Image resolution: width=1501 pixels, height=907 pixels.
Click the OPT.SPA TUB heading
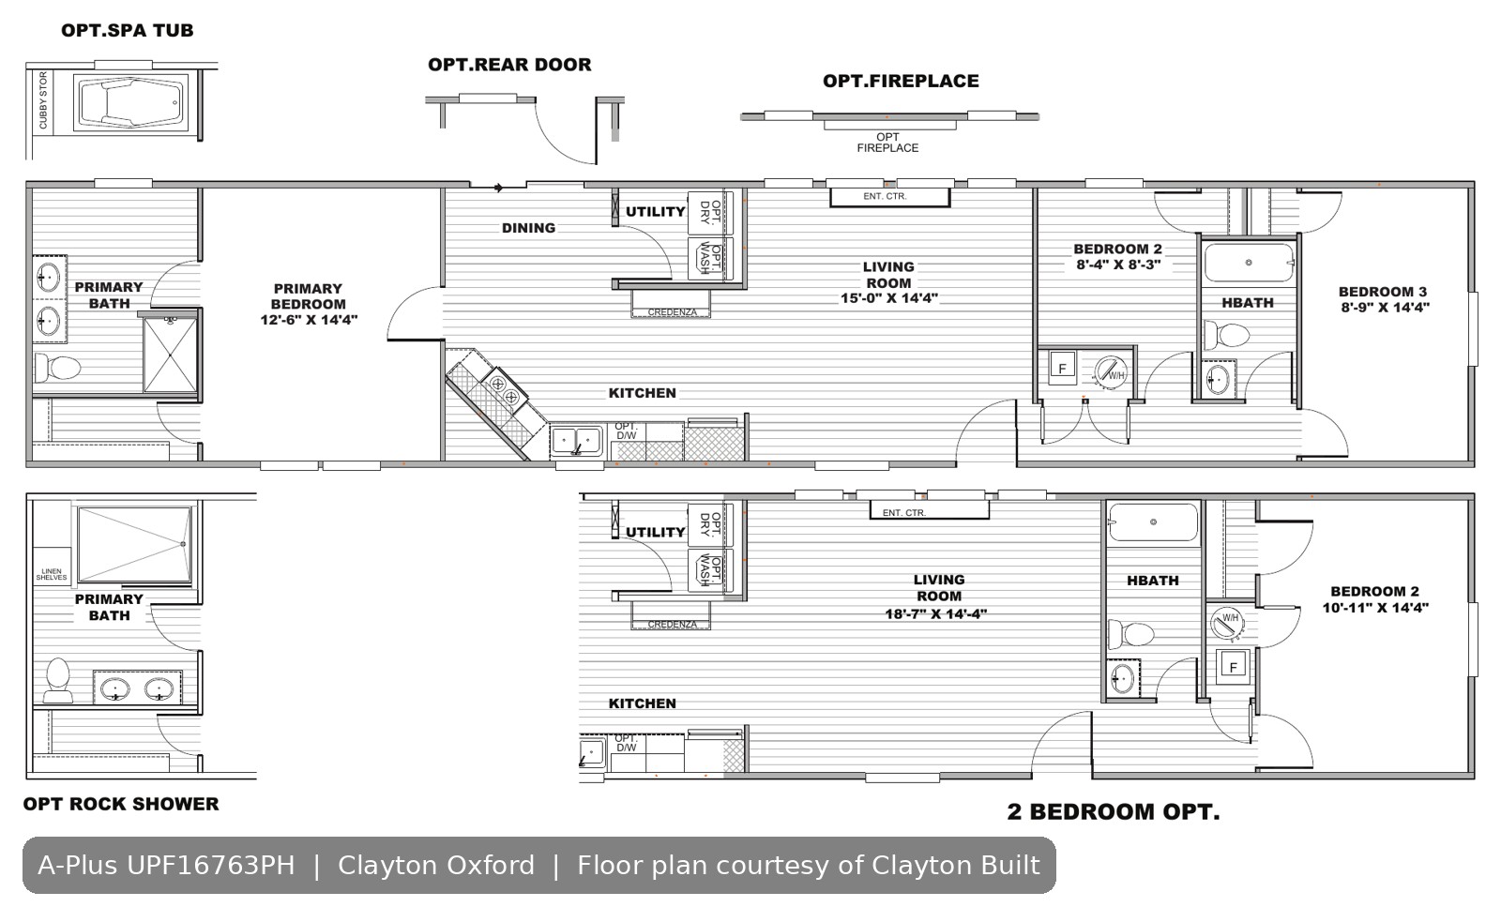pyautogui.click(x=128, y=31)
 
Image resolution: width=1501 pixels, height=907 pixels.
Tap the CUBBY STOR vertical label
pyautogui.click(x=43, y=100)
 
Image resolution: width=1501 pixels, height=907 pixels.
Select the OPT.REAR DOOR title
pyautogui.click(x=510, y=65)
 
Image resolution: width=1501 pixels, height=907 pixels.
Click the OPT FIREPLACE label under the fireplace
pyautogui.click(x=887, y=143)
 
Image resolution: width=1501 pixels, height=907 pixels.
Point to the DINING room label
pyautogui.click(x=529, y=229)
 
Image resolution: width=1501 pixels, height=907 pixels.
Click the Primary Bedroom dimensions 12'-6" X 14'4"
pyautogui.click(x=309, y=320)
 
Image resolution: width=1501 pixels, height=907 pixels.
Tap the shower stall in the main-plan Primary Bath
pyautogui.click(x=170, y=355)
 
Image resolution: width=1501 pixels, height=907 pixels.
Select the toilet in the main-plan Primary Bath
pyautogui.click(x=57, y=368)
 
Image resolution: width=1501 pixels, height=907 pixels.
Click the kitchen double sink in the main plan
pyautogui.click(x=576, y=442)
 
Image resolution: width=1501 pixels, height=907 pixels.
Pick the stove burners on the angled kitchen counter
pyautogui.click(x=505, y=390)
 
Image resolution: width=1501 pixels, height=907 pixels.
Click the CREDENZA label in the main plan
pyautogui.click(x=672, y=312)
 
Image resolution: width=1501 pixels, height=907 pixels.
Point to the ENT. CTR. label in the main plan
pyautogui.click(x=886, y=197)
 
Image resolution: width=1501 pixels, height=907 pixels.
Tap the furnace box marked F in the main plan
pyautogui.click(x=1062, y=368)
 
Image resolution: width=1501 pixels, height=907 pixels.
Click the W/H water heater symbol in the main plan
pyautogui.click(x=1111, y=373)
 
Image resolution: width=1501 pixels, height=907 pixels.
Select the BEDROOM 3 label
pyautogui.click(x=1383, y=292)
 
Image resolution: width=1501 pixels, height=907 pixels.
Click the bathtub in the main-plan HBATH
pyautogui.click(x=1249, y=263)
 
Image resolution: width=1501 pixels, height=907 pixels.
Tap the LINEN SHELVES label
pyautogui.click(x=52, y=575)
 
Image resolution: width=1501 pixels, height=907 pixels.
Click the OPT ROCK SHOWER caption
pyautogui.click(x=121, y=805)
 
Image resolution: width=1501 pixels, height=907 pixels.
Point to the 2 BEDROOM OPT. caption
pyautogui.click(x=1114, y=812)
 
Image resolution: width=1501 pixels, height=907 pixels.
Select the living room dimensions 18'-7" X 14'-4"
pyautogui.click(x=936, y=614)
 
